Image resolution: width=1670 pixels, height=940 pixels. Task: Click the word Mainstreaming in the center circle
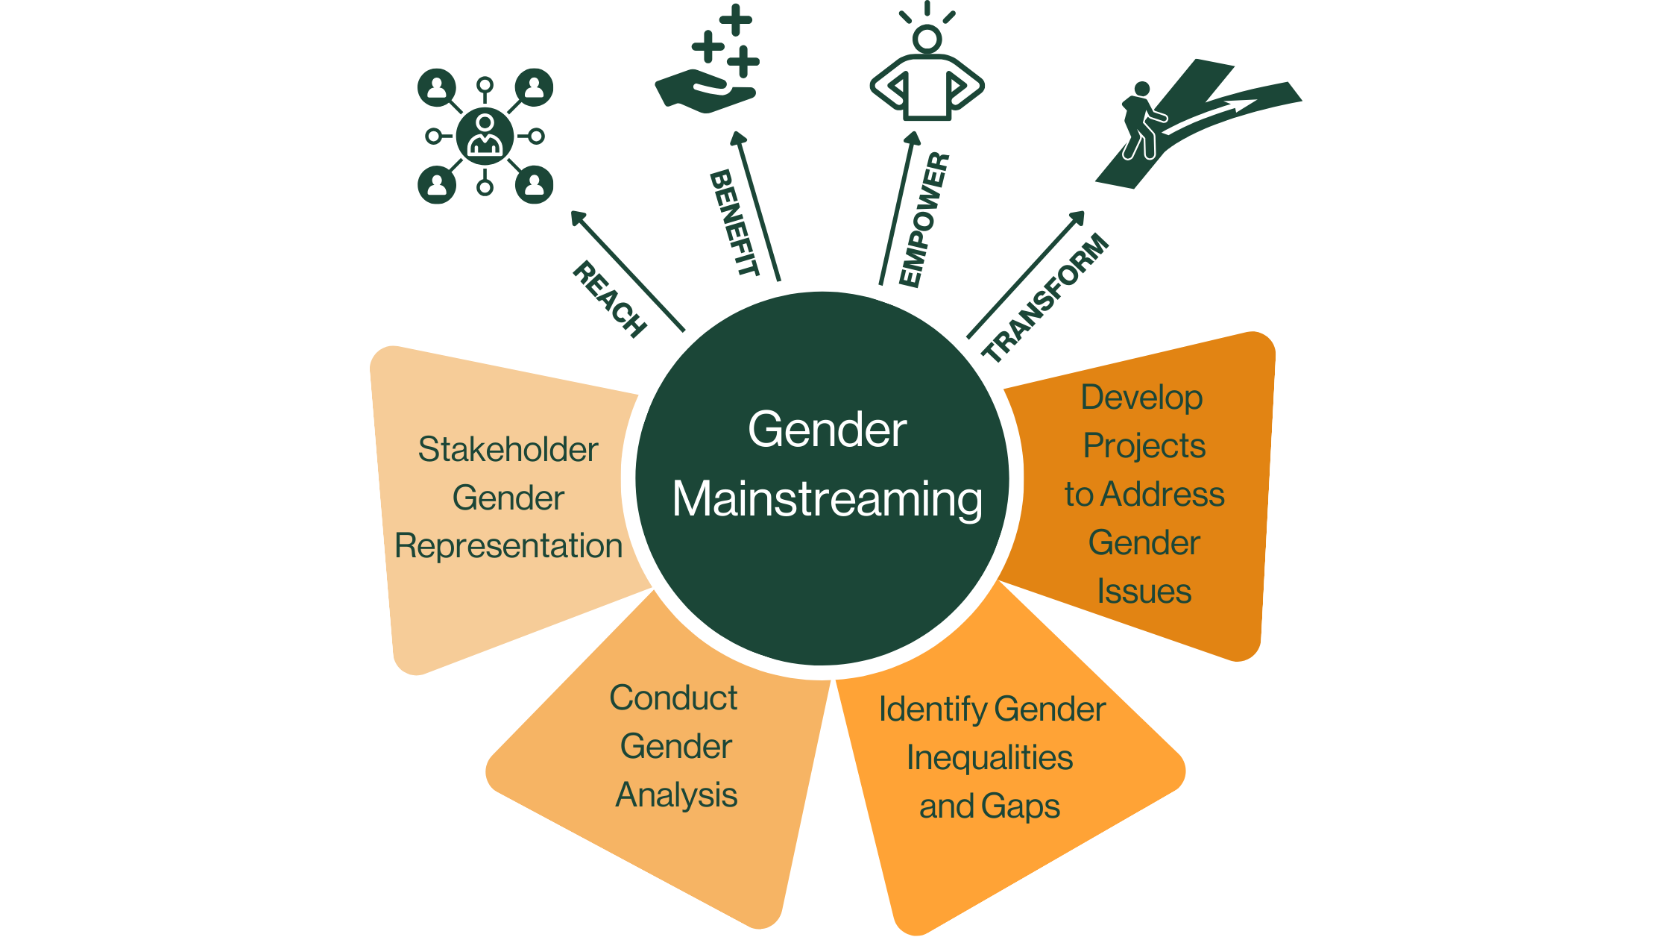pos(827,499)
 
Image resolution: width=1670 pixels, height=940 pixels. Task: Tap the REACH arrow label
pos(609,299)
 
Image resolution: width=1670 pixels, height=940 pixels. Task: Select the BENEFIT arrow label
pos(734,222)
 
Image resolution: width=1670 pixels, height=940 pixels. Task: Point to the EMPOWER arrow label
pos(924,219)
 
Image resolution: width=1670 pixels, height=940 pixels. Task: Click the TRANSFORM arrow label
pos(1047,298)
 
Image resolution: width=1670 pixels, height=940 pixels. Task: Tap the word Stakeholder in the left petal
pos(508,450)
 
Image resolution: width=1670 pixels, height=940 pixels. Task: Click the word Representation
pos(508,546)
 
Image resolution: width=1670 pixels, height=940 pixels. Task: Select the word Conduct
pos(673,698)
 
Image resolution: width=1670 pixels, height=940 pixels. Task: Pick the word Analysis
pos(676,795)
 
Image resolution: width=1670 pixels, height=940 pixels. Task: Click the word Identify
pos(932,709)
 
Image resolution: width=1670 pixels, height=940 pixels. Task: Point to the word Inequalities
pos(989,758)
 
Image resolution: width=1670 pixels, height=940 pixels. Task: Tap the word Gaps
pos(1021,806)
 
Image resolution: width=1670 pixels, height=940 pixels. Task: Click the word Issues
pos(1144,592)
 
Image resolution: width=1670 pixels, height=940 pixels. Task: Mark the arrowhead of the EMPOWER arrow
pos(913,138)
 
